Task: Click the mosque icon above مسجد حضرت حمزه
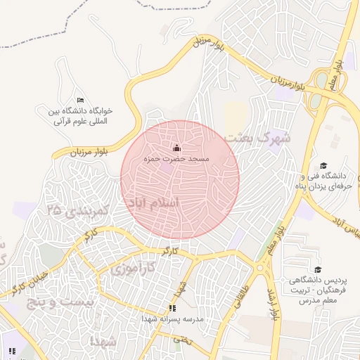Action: coord(176,148)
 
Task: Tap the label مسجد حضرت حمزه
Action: coord(177,160)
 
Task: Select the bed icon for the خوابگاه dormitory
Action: coord(80,100)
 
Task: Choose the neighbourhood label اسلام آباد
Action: coord(153,202)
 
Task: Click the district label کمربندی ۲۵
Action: coord(78,209)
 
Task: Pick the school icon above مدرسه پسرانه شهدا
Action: coord(172,308)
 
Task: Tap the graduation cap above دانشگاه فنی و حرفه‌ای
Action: coord(323,165)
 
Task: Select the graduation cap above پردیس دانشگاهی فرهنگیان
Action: coord(317,269)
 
